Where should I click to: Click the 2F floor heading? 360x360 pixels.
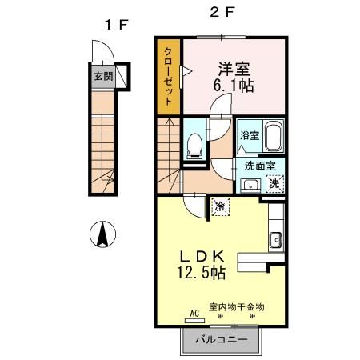(x=222, y=12)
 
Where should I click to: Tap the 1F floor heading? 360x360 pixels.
(x=116, y=25)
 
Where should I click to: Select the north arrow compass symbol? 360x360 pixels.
(x=102, y=234)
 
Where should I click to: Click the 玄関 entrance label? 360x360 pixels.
(x=103, y=77)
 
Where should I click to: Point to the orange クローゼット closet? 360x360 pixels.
(x=168, y=77)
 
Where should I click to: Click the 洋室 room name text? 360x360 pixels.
(x=234, y=69)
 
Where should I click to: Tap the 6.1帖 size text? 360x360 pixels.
(x=234, y=86)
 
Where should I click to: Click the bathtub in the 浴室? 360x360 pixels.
(x=274, y=136)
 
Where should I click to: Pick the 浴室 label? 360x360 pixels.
(x=250, y=135)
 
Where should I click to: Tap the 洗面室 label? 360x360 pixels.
(x=260, y=166)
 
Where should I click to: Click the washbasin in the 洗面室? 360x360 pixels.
(x=250, y=185)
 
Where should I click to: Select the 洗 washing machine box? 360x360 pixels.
(x=274, y=184)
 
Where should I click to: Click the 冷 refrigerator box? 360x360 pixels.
(x=220, y=206)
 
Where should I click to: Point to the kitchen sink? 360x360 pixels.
(x=276, y=240)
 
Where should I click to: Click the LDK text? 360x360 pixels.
(x=202, y=257)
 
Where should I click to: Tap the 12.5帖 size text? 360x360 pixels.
(x=202, y=273)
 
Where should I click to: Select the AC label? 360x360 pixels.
(x=194, y=314)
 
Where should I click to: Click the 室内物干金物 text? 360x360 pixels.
(x=237, y=307)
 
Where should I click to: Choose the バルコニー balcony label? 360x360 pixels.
(x=221, y=340)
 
